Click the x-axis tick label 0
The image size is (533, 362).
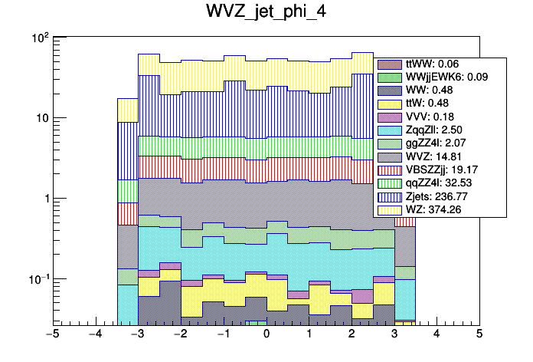(x=266, y=334)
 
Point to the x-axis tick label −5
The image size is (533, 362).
(x=52, y=334)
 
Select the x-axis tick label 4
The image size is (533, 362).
(x=437, y=334)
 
